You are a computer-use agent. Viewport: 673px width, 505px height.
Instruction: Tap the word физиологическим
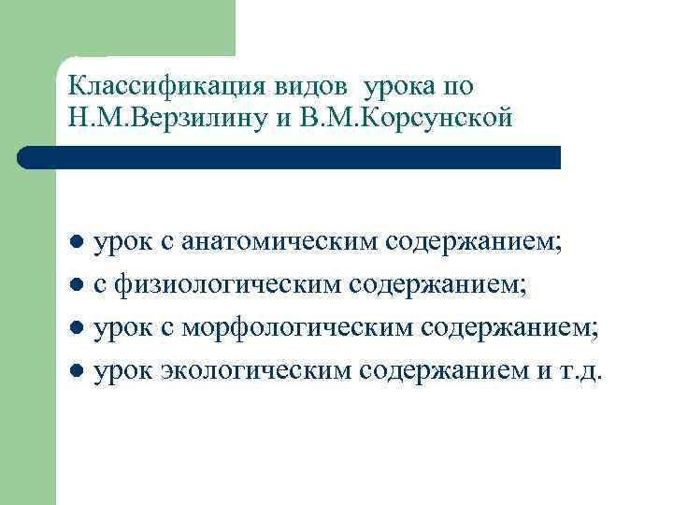click(x=230, y=285)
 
